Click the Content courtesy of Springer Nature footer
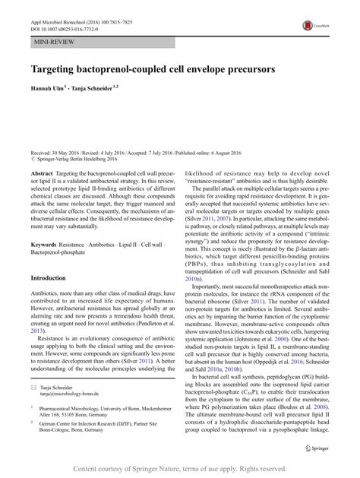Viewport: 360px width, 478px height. [180, 462]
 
